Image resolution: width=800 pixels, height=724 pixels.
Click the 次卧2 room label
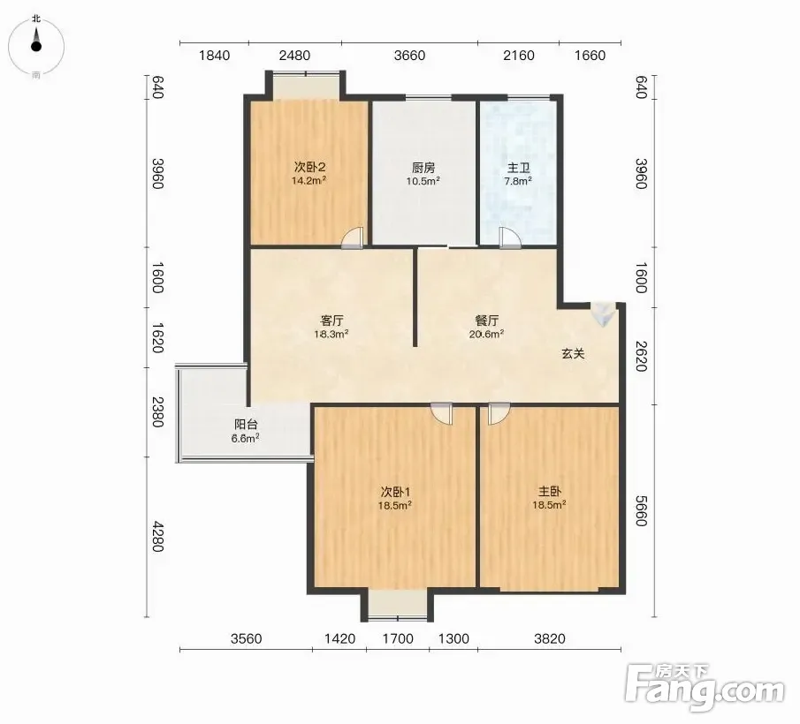point(309,167)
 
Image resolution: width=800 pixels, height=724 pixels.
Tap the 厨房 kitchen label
point(423,168)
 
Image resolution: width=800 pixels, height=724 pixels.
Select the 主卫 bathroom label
point(518,168)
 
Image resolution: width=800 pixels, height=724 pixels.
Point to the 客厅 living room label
point(331,321)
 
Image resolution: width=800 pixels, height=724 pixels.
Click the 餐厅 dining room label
point(487,321)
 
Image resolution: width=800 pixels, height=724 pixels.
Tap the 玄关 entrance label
point(573,353)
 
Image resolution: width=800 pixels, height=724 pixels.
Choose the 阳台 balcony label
point(246,425)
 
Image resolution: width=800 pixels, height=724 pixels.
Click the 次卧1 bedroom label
point(395,492)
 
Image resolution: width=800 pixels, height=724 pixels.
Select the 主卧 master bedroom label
point(550,492)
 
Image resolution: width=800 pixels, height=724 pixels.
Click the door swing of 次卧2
point(353,238)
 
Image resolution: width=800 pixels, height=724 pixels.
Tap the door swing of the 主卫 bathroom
point(510,238)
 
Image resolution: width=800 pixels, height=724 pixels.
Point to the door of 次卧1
point(441,413)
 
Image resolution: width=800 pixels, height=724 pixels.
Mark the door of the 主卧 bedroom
point(499,413)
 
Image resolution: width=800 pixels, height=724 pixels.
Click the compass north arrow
point(35,39)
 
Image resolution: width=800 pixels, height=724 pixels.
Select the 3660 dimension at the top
point(409,55)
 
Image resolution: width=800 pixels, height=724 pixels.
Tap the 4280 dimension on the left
point(157,536)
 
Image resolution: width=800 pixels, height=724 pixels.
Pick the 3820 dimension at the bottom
point(550,638)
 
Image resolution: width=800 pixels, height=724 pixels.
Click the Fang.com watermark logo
point(705,687)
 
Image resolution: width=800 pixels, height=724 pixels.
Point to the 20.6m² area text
point(487,335)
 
